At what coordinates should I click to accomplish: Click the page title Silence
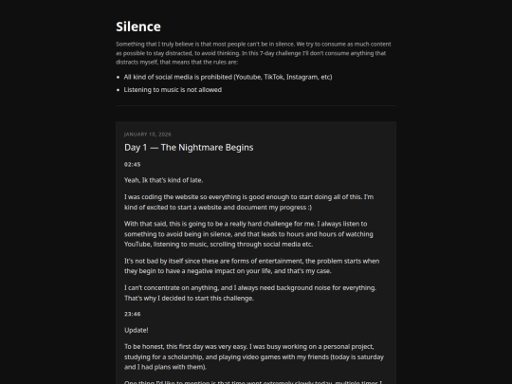click(x=138, y=27)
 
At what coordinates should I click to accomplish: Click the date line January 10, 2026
click(x=148, y=134)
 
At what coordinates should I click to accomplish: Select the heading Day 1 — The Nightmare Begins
click(x=189, y=148)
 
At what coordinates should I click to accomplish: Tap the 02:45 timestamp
click(x=132, y=164)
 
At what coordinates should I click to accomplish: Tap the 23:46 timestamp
click(x=132, y=314)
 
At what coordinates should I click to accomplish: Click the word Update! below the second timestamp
click(x=137, y=330)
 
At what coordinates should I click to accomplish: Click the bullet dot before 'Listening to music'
click(x=119, y=90)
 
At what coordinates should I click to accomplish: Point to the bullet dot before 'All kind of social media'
click(x=119, y=77)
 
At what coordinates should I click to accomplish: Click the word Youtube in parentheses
click(x=247, y=77)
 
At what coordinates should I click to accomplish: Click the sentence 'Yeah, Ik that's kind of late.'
click(x=163, y=180)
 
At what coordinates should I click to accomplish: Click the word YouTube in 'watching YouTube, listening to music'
click(x=142, y=244)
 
